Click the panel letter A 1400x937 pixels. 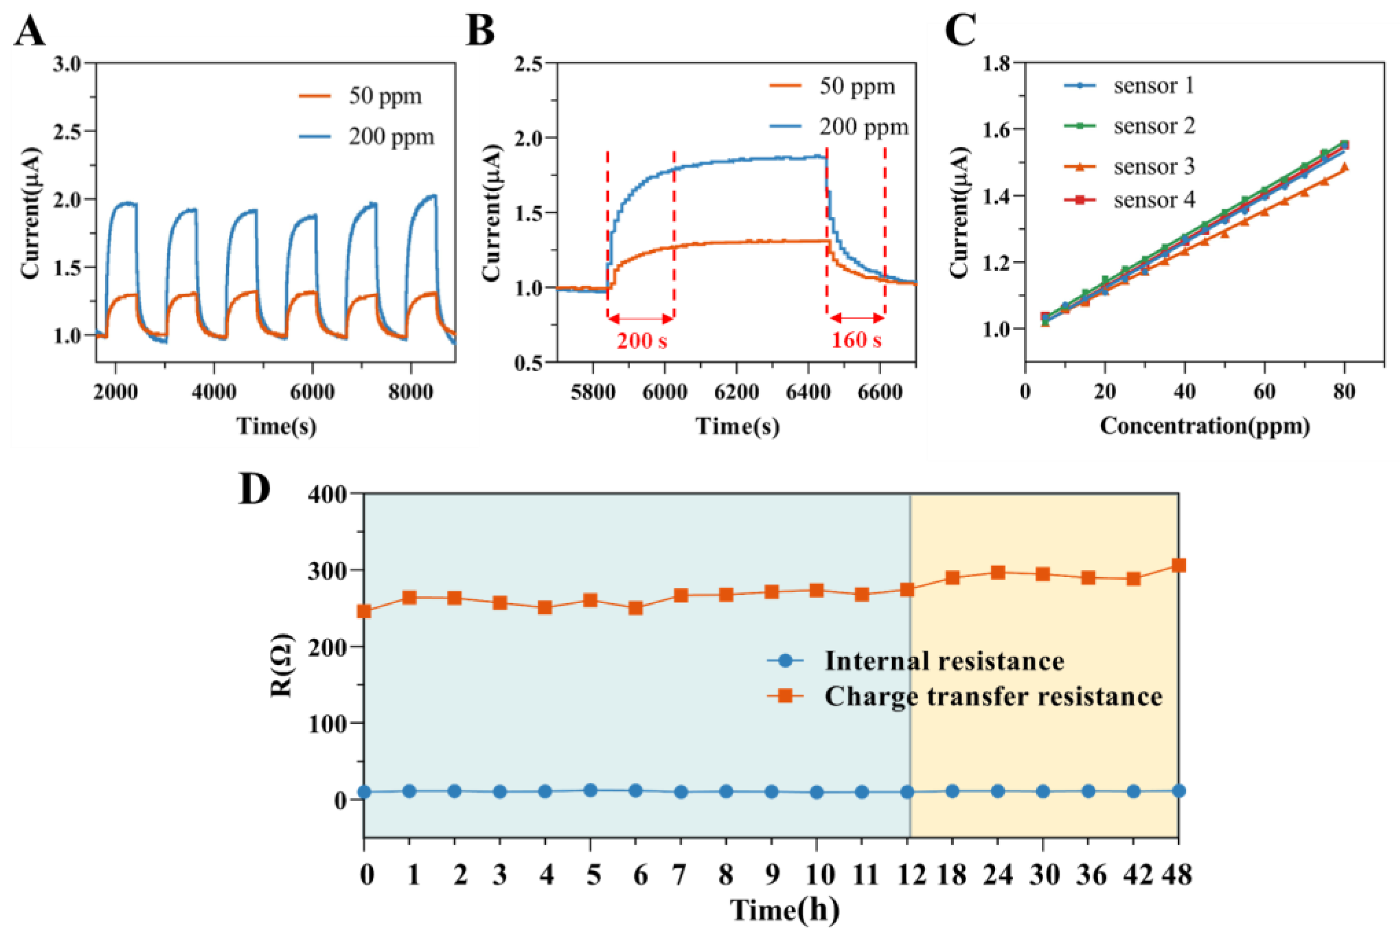(30, 31)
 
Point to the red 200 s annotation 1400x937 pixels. (641, 341)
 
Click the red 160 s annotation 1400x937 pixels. (856, 341)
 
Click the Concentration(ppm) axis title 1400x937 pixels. (1205, 426)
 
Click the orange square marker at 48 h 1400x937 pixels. (1178, 565)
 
